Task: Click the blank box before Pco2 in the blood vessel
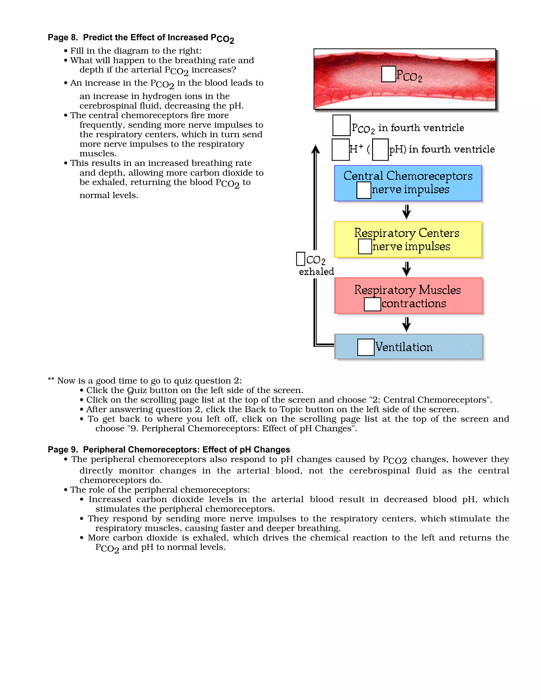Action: click(388, 74)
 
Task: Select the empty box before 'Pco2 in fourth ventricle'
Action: click(341, 125)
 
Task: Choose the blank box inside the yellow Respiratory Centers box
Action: click(365, 246)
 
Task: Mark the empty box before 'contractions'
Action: click(372, 304)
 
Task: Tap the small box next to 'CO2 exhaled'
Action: click(301, 259)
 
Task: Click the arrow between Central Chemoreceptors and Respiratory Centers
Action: click(406, 212)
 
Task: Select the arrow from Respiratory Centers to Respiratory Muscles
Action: click(406, 269)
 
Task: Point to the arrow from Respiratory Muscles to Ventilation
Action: click(406, 324)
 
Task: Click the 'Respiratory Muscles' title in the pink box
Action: click(407, 290)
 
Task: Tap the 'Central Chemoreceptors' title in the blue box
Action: click(408, 176)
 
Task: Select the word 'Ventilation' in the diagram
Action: click(404, 347)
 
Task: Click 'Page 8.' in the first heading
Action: click(63, 38)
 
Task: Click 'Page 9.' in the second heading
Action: click(63, 449)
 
